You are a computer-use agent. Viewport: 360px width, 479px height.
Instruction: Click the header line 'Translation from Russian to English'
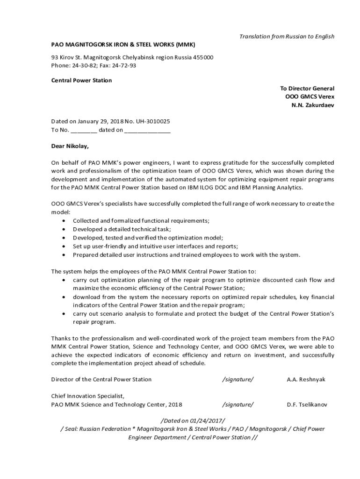coord(287,36)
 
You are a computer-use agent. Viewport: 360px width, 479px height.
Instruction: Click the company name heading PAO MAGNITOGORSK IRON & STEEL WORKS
coord(123,44)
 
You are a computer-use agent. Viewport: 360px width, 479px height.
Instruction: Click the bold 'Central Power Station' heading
coord(81,80)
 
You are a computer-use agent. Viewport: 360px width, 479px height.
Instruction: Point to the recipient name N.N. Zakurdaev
coord(313,105)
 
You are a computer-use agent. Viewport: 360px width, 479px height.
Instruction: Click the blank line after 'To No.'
coord(84,130)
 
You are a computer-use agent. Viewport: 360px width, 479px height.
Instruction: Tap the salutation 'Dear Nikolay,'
coord(70,146)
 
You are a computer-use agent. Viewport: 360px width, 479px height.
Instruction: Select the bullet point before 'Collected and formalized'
coord(64,221)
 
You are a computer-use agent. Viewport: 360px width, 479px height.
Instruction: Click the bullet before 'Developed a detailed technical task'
coord(64,229)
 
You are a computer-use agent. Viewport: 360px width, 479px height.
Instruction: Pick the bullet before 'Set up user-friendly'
coord(64,247)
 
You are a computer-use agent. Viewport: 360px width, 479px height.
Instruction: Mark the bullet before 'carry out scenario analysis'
coord(64,314)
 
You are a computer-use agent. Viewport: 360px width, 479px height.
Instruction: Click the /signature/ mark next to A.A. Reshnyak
coord(238,379)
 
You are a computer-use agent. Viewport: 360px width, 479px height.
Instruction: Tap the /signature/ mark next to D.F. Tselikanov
coord(238,405)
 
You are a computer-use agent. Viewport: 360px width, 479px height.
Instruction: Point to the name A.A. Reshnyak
coord(306,379)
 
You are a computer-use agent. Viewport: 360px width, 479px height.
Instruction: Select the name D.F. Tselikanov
coord(307,405)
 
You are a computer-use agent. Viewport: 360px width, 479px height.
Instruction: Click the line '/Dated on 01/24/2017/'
coord(193,421)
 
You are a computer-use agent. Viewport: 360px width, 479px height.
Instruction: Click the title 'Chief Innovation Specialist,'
coord(87,396)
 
